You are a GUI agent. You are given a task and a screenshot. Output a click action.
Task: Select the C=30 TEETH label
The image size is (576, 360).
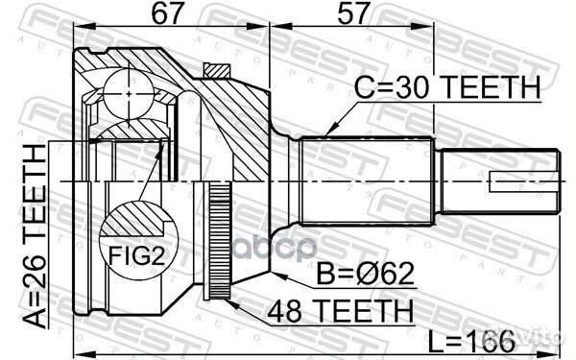click(447, 86)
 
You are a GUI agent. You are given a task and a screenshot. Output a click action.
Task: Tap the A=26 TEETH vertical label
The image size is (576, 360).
click(36, 236)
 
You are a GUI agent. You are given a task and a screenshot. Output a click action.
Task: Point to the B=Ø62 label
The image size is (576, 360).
click(366, 274)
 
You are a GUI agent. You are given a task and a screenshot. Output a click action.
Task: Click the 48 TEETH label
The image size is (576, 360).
click(341, 311)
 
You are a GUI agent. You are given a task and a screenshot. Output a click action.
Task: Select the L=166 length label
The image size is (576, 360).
click(471, 341)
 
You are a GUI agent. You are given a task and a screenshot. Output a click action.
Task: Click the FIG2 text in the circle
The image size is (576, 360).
click(136, 255)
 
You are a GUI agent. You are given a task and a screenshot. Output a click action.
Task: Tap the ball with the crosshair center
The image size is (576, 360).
click(129, 94)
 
